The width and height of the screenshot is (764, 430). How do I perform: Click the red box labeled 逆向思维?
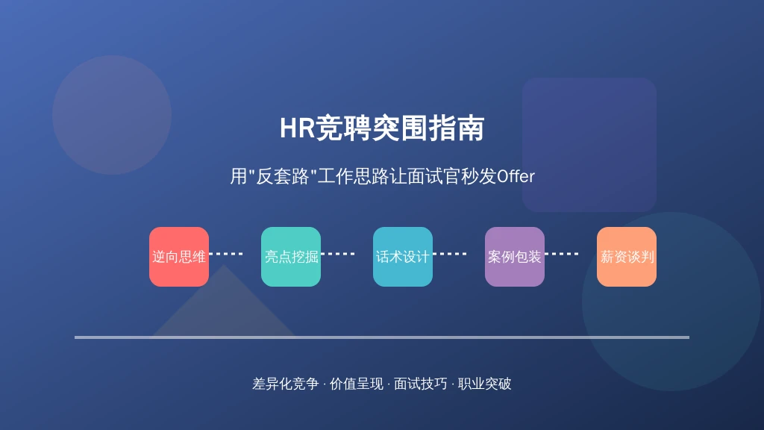tap(179, 257)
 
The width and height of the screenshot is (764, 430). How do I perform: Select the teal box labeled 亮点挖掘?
tap(291, 257)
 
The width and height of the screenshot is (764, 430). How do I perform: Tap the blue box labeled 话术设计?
tap(402, 257)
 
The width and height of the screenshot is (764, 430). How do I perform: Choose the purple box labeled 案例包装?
tap(515, 257)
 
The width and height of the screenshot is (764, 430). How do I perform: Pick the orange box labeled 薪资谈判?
tap(627, 257)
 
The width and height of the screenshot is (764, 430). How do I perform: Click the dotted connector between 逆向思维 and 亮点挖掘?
tap(225, 254)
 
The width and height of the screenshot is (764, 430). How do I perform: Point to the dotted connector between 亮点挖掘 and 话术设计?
tap(338, 254)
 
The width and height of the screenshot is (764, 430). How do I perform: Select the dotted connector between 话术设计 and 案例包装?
tap(450, 254)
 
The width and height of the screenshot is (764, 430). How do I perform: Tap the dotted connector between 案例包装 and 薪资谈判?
tap(561, 254)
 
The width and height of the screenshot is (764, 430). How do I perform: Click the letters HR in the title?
tap(297, 128)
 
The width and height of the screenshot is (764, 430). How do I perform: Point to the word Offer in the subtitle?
tap(516, 176)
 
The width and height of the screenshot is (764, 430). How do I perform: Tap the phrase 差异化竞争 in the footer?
tap(286, 384)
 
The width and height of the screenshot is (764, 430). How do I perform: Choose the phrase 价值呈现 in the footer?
tap(357, 384)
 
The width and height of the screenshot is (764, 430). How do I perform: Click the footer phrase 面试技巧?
tap(421, 384)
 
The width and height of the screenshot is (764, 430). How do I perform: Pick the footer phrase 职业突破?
tap(484, 384)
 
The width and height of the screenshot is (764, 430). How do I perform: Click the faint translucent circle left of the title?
tap(112, 115)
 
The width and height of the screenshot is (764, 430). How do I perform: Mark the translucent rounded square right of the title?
tap(589, 144)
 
